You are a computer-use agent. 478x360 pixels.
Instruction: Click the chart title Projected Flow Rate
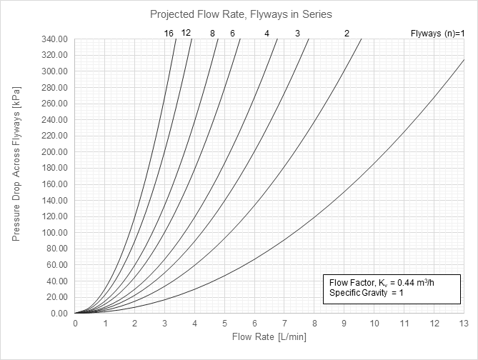[x=241, y=14]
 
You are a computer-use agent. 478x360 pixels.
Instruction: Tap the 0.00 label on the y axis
[x=61, y=314]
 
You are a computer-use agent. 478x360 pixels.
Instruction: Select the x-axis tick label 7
[x=285, y=324]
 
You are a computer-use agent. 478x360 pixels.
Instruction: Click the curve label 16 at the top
[x=169, y=33]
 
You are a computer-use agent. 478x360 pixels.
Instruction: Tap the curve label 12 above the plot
[x=186, y=32]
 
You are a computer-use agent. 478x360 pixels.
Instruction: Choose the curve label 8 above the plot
[x=212, y=33]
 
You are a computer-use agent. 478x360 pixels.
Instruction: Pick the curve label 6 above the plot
[x=232, y=33]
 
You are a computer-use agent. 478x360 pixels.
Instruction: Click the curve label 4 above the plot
[x=267, y=33]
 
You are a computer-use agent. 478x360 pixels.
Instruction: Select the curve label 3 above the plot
[x=297, y=33]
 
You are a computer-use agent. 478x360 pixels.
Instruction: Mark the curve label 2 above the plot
[x=347, y=33]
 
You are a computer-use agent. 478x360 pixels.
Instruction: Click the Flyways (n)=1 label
[x=437, y=33]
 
